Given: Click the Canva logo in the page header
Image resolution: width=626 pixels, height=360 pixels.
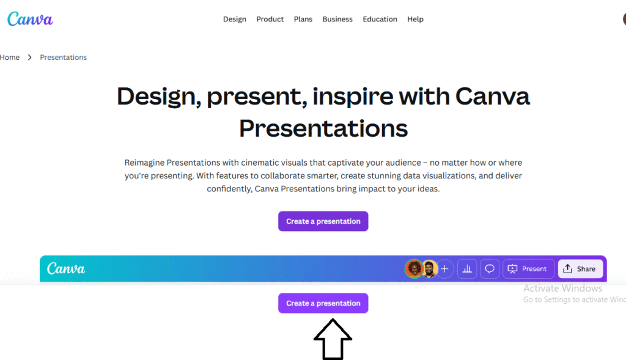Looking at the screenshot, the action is tap(30, 19).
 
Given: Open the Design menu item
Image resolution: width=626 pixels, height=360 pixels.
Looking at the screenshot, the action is tap(235, 19).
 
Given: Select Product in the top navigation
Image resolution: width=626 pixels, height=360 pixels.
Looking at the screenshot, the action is tap(270, 19).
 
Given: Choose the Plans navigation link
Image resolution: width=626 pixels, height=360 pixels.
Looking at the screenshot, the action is tap(303, 19).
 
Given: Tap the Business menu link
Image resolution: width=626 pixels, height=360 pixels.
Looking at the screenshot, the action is tap(337, 19).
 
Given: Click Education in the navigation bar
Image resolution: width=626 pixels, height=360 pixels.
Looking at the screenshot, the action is tap(380, 19).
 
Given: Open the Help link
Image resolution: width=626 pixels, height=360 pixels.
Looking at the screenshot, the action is tap(415, 19).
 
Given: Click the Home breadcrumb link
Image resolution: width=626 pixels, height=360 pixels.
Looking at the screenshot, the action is tap(10, 57).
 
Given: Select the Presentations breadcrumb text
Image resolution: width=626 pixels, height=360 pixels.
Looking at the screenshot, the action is tap(63, 57).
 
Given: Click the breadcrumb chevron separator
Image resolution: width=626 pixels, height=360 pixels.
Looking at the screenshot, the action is tap(29, 57).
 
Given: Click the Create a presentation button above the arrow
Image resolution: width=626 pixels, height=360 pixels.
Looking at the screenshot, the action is tap(323, 303).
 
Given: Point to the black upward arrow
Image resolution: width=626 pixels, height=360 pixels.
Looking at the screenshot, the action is tap(333, 339).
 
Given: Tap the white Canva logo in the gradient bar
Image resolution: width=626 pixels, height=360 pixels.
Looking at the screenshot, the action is tap(66, 268).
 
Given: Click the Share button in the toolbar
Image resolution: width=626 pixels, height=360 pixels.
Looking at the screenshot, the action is tap(580, 269).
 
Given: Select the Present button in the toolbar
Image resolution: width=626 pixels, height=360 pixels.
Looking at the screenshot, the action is tap(528, 269).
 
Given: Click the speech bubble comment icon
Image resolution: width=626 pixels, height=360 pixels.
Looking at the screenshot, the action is tap(490, 269).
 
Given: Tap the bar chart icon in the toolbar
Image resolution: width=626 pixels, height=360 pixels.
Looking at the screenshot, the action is tap(467, 269).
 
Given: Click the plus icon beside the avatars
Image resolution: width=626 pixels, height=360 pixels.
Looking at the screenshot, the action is tap(444, 269).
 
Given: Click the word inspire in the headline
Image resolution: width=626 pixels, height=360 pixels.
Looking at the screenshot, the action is tap(353, 97).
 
